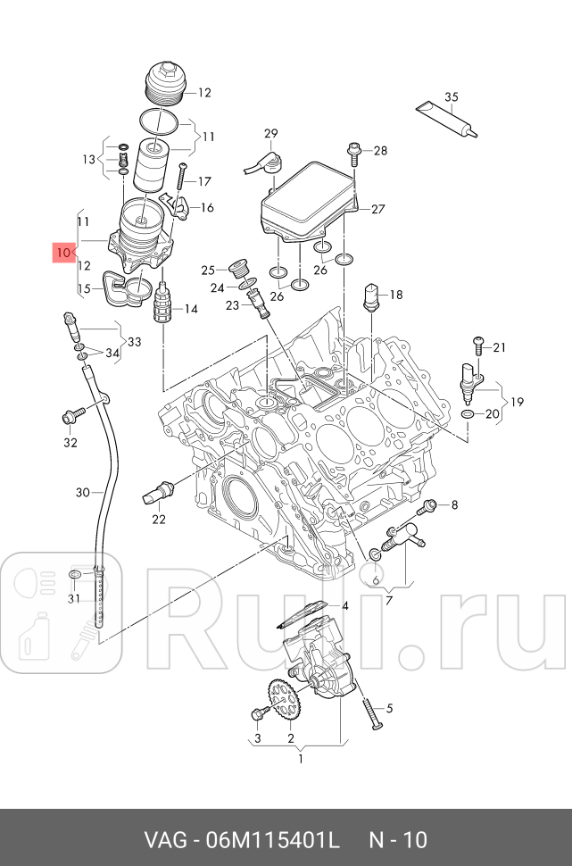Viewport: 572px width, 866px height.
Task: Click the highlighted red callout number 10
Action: [x=62, y=254]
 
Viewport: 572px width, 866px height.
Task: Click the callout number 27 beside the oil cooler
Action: [x=378, y=210]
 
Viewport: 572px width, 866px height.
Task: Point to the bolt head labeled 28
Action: [x=353, y=149]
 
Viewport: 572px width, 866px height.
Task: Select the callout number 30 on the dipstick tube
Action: [x=83, y=492]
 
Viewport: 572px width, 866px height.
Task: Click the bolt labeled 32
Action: [x=70, y=415]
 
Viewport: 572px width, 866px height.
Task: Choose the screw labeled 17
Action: [x=182, y=179]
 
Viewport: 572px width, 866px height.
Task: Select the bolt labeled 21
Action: [x=478, y=343]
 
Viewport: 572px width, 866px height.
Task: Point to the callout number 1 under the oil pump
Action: [x=301, y=760]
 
